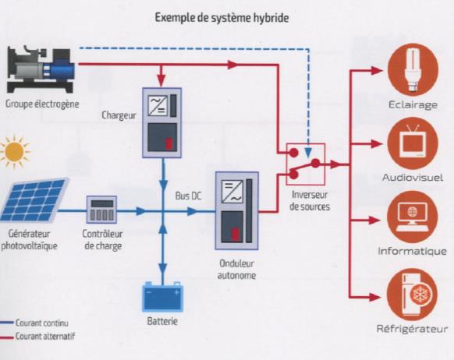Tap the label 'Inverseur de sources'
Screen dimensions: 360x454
tap(310, 202)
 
